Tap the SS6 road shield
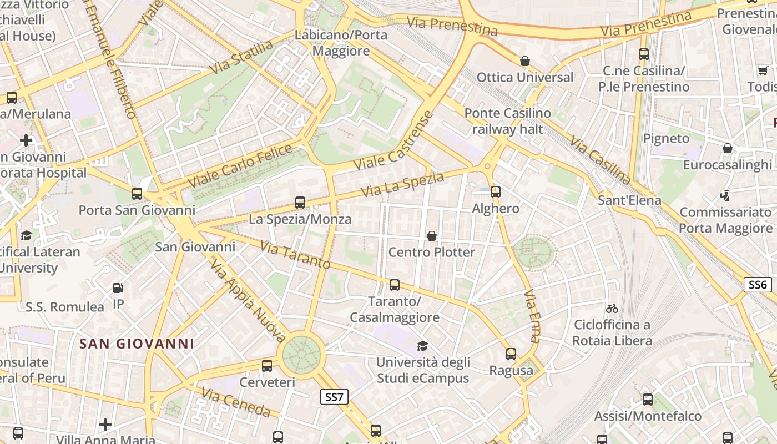point(758,285)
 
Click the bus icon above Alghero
point(496,192)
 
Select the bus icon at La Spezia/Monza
point(300,203)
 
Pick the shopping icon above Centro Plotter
point(432,236)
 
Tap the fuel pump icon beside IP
point(118,288)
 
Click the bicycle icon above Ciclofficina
point(612,309)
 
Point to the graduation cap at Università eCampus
point(422,346)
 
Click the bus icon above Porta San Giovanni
point(137,194)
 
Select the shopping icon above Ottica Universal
point(525,60)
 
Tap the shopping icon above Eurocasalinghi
point(727,148)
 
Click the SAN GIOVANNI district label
point(137,344)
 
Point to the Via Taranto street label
point(295,255)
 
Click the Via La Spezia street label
point(402,184)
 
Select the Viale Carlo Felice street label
point(240,165)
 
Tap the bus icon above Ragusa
point(511,354)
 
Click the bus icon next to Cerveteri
point(267,365)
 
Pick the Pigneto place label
point(666,138)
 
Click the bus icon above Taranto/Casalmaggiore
point(395,285)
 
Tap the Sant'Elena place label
point(629,200)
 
